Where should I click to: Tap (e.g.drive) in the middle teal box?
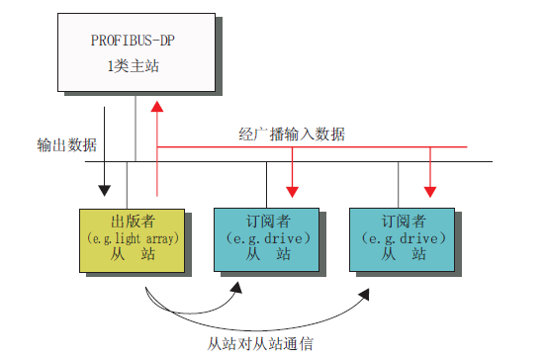[266, 237]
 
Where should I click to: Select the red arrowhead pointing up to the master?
[156, 104]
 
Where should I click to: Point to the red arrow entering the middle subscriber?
[292, 188]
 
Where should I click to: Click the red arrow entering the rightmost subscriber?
[430, 188]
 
